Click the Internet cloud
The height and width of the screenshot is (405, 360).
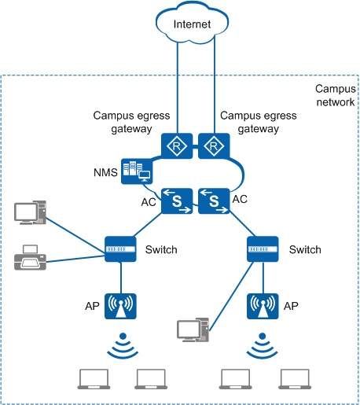(x=192, y=22)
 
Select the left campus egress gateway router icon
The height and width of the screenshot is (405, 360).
(x=177, y=145)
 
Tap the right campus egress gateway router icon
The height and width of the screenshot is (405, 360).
(x=214, y=145)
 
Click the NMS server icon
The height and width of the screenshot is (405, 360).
(x=137, y=171)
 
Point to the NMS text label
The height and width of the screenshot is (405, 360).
(x=105, y=172)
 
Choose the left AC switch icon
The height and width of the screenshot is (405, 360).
(x=177, y=201)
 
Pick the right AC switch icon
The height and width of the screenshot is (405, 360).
(x=214, y=201)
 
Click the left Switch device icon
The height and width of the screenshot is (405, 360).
(x=120, y=249)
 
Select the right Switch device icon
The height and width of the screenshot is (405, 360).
(x=263, y=249)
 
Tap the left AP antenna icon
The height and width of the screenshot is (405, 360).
(x=120, y=306)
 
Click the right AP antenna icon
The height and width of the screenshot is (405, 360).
(x=263, y=306)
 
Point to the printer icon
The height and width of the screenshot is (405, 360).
(x=30, y=257)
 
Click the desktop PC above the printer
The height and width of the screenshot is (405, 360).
(x=30, y=212)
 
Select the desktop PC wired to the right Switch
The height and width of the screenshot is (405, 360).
(x=193, y=330)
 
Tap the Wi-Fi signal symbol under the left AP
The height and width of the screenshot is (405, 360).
(x=123, y=345)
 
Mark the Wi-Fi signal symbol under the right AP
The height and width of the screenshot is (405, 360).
(x=263, y=345)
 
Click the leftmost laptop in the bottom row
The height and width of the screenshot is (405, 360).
(x=94, y=379)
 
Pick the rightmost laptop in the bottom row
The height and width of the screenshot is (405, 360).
(x=295, y=379)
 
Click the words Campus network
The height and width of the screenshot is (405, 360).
(x=336, y=95)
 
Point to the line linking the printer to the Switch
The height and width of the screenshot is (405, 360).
(x=75, y=259)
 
